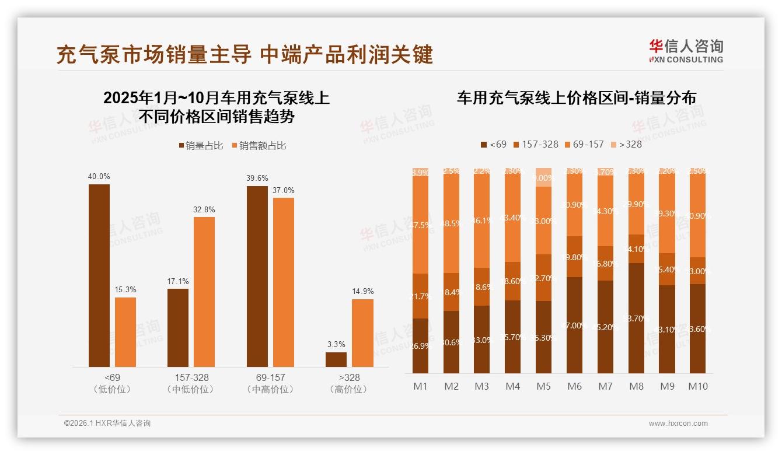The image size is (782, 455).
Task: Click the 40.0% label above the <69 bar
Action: click(x=99, y=177)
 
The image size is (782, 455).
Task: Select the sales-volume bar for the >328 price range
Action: click(x=336, y=359)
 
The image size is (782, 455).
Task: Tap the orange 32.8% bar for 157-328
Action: click(x=204, y=292)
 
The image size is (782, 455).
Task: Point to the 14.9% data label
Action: click(x=362, y=291)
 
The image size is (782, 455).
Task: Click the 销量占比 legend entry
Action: click(x=201, y=146)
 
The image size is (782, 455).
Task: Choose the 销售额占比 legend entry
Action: click(x=259, y=146)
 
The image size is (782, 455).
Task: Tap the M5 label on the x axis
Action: click(x=543, y=386)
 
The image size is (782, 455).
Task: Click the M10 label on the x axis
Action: click(x=698, y=386)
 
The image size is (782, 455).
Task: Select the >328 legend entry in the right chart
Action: click(x=626, y=144)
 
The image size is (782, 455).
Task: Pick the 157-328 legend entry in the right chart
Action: click(x=535, y=144)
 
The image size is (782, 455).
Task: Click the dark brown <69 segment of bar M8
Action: click(x=637, y=318)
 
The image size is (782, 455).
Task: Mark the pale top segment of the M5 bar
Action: click(x=543, y=177)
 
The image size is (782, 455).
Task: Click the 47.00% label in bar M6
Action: click(x=574, y=325)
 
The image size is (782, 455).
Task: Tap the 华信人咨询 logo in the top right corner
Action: click(x=686, y=51)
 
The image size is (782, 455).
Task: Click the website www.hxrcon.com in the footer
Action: click(x=678, y=423)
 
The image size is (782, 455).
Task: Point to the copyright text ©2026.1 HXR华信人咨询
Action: click(x=107, y=423)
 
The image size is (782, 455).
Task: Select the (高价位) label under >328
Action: click(x=348, y=390)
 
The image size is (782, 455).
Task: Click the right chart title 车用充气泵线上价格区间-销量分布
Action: click(x=576, y=98)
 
